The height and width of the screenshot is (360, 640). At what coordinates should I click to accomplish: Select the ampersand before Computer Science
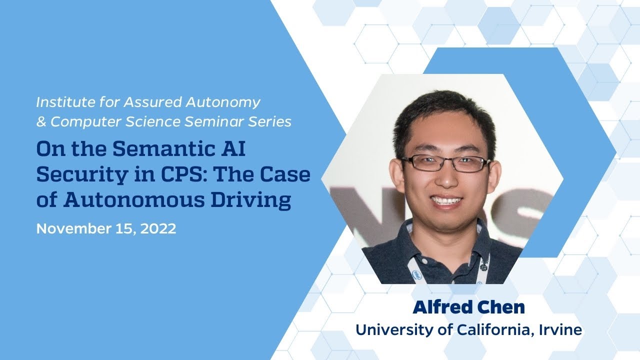click(41, 121)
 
